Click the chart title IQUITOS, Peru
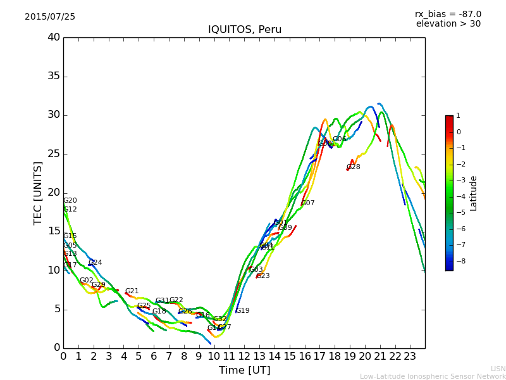tap(245, 30)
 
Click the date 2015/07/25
tap(50, 16)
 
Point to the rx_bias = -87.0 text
tap(448, 14)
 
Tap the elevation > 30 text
tap(448, 24)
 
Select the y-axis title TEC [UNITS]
tap(38, 193)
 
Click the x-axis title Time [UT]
tap(244, 370)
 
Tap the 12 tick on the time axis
tap(244, 356)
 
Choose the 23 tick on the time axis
tap(410, 356)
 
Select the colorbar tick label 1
tap(458, 116)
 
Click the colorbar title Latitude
tap(474, 193)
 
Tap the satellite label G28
tap(353, 167)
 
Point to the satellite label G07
tap(307, 203)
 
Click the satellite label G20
tap(70, 201)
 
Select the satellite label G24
tap(95, 263)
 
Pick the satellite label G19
tap(242, 311)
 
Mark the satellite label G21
tap(132, 291)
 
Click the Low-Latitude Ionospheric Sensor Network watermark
tap(433, 376)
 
